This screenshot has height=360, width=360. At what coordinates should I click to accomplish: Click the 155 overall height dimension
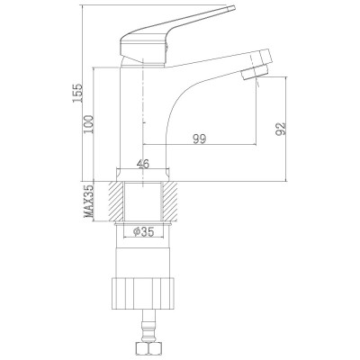[x=77, y=93]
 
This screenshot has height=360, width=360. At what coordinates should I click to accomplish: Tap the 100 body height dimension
[x=89, y=124]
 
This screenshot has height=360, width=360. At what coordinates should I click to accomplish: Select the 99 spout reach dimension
[x=200, y=139]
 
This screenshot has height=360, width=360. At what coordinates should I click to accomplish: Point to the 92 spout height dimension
[x=281, y=129]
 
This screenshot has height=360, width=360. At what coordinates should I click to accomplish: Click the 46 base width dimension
[x=143, y=164]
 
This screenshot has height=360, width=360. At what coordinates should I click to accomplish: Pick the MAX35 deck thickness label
[x=89, y=202]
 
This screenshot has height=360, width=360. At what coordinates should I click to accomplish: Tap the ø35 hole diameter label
[x=143, y=231]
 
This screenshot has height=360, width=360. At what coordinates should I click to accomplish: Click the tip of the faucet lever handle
[x=234, y=8]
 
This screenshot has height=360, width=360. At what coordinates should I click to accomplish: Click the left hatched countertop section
[x=116, y=202]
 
